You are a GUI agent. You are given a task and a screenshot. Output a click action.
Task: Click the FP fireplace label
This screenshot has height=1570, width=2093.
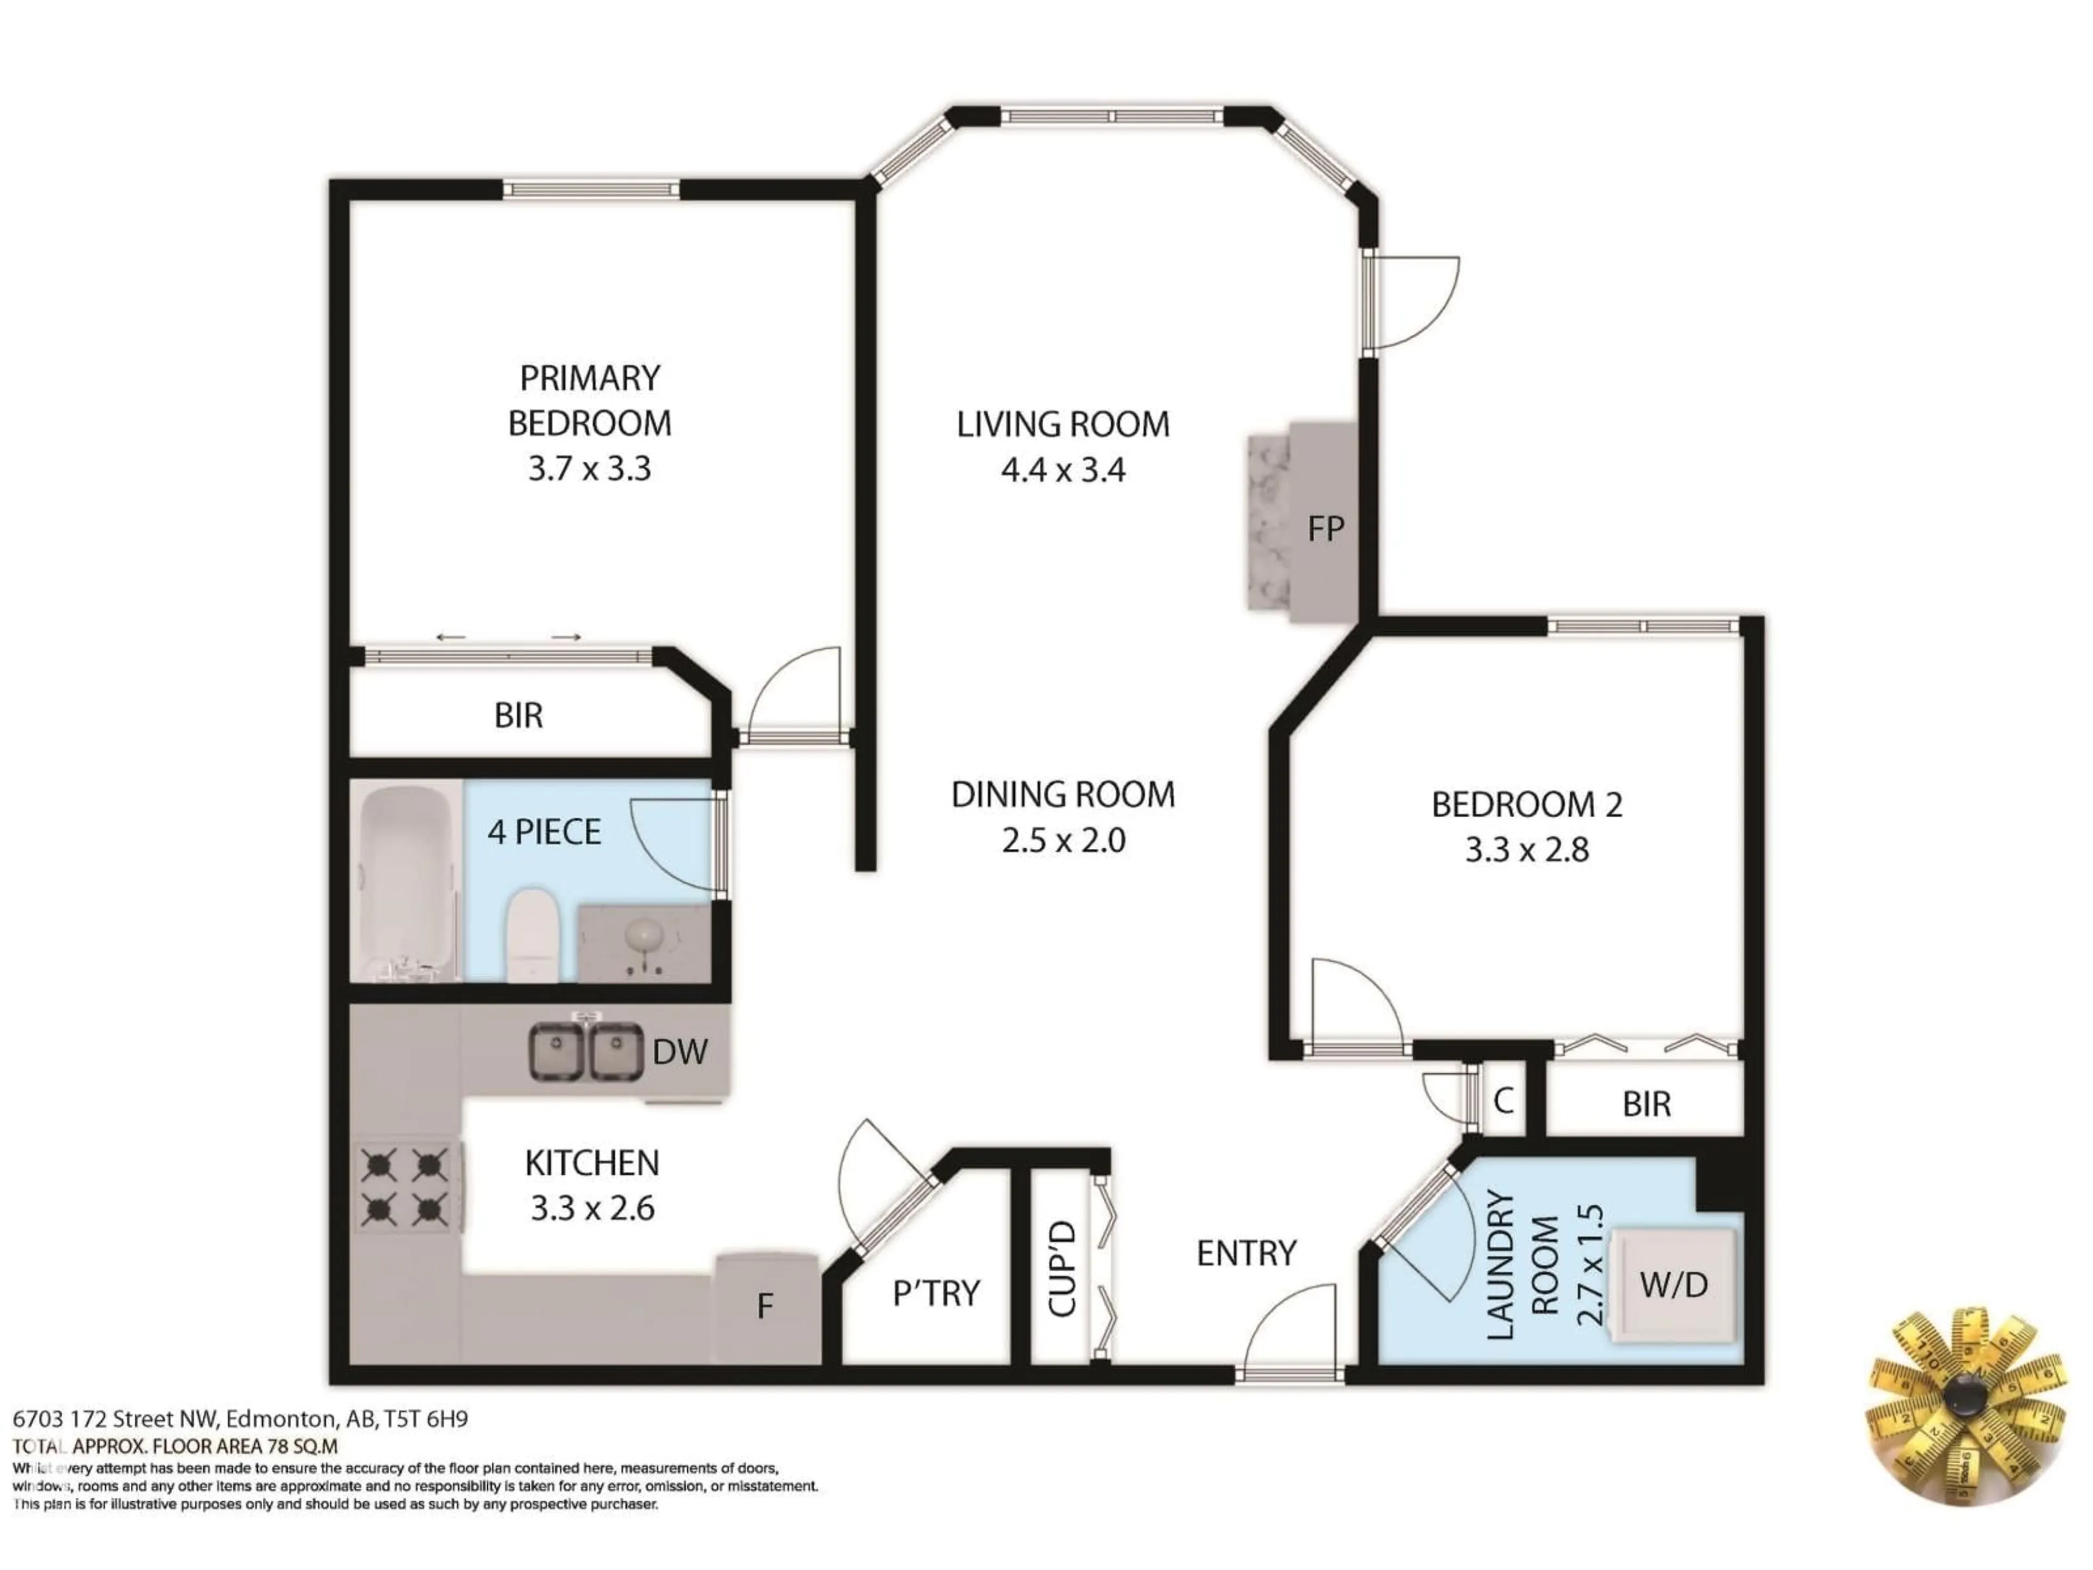tap(1324, 529)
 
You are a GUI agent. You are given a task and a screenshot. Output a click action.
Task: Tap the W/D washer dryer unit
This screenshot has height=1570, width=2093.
tap(1673, 1284)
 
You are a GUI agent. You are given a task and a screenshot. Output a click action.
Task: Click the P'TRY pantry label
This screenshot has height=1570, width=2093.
tap(936, 1293)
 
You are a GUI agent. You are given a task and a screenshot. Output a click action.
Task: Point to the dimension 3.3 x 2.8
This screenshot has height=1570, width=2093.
tap(1526, 850)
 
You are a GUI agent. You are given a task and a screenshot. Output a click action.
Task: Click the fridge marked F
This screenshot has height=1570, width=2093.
tap(765, 1307)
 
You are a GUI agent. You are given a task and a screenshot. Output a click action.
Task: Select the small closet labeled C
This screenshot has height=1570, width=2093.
tap(1503, 1101)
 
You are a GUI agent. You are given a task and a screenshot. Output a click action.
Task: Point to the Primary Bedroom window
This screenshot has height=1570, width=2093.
tap(590, 189)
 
